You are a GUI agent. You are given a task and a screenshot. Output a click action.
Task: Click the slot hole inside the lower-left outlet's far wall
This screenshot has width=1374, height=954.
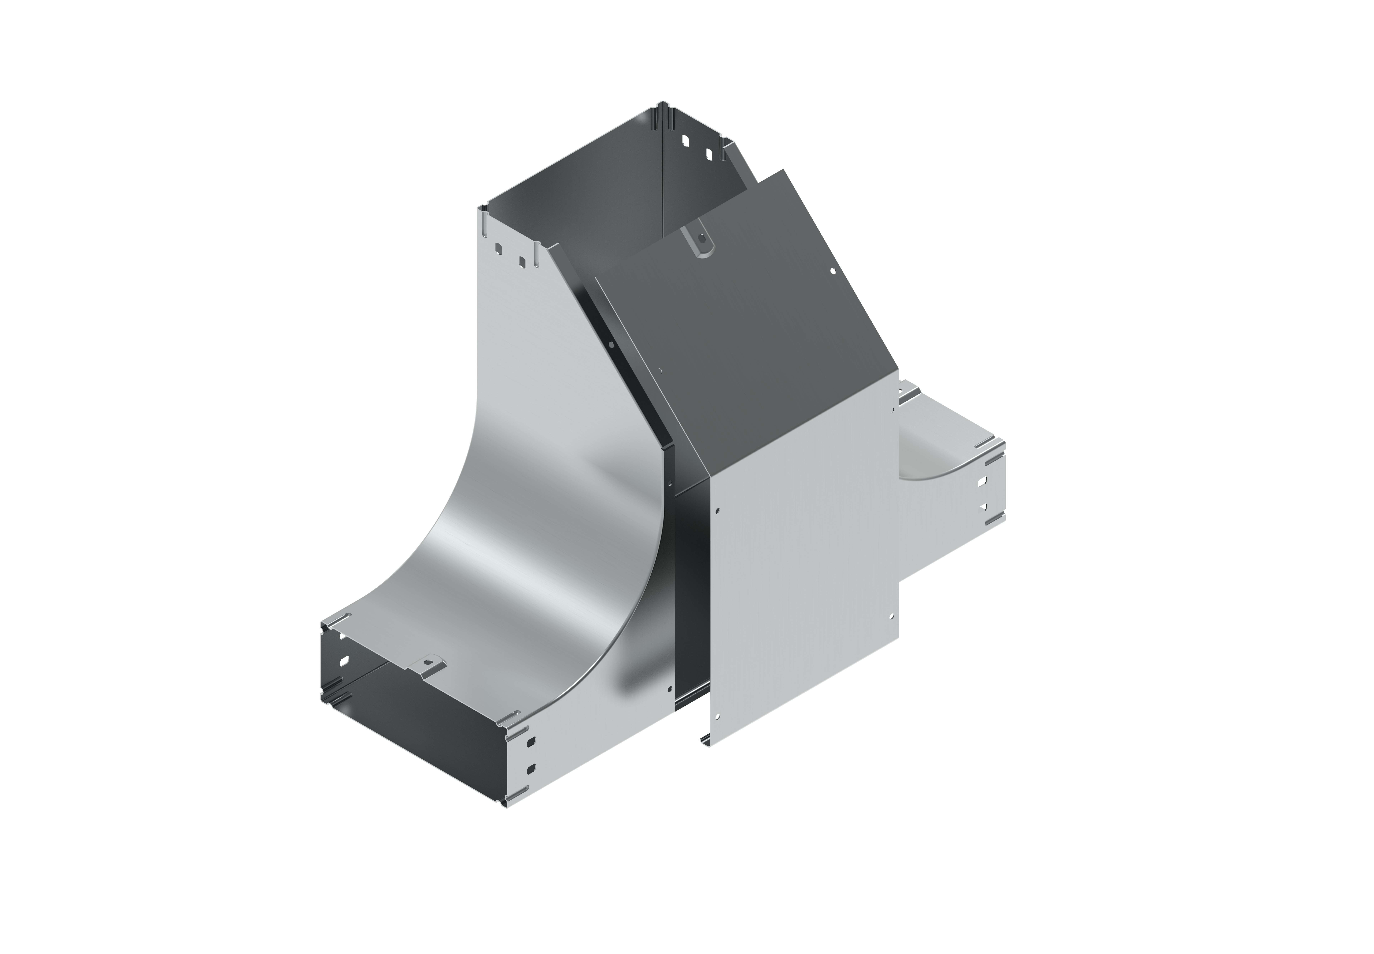click(345, 661)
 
